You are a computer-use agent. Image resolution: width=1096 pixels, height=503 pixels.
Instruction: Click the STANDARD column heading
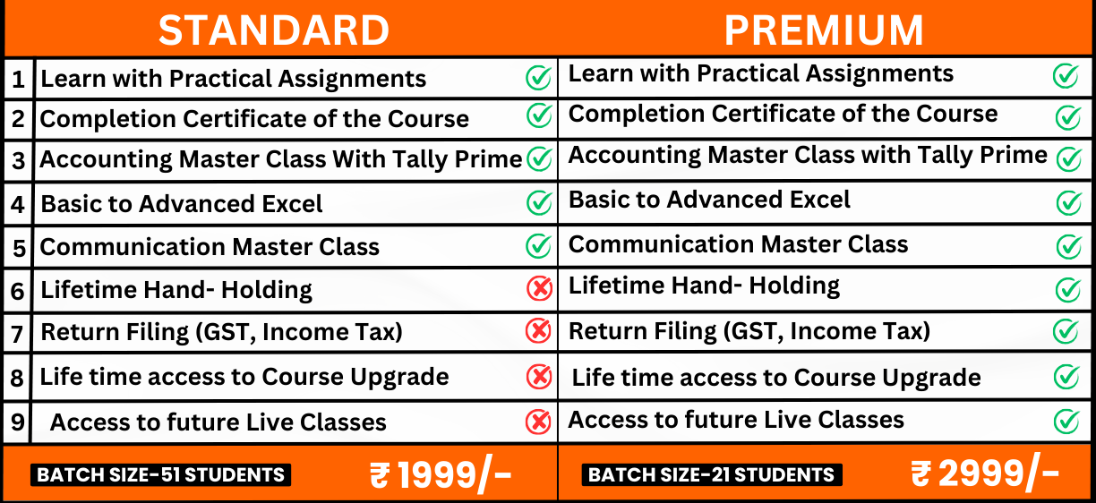click(x=274, y=30)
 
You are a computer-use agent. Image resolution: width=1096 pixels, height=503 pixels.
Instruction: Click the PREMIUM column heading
click(x=824, y=30)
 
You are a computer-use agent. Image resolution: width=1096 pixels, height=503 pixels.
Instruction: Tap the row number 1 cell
click(x=18, y=80)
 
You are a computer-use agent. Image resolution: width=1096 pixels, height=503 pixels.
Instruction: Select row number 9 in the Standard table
click(x=18, y=422)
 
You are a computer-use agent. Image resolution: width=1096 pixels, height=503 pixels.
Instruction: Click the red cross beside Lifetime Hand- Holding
click(x=538, y=288)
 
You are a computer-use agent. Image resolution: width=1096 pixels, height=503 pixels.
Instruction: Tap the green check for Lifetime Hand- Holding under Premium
click(x=1066, y=289)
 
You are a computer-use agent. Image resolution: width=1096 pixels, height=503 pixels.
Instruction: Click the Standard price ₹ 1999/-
click(x=441, y=475)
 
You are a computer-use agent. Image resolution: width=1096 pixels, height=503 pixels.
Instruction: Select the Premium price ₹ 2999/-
click(x=985, y=473)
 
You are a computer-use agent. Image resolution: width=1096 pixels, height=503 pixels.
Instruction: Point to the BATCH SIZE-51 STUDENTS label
click(x=161, y=474)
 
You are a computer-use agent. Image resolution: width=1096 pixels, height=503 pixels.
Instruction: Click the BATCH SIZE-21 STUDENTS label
click(x=712, y=474)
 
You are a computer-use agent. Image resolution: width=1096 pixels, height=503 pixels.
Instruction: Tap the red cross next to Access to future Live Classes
click(x=538, y=421)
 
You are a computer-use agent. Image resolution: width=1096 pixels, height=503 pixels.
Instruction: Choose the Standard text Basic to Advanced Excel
click(x=182, y=204)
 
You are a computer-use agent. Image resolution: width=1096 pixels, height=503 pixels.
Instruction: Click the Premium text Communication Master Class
click(x=738, y=244)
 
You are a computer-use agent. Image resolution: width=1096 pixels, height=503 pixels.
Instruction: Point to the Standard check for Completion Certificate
click(x=538, y=115)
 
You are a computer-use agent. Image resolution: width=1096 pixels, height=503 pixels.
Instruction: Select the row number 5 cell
click(x=18, y=247)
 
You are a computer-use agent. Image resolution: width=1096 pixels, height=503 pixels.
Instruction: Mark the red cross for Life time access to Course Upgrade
click(x=538, y=377)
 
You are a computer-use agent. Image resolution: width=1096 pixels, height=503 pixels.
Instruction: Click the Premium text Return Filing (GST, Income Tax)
click(x=749, y=332)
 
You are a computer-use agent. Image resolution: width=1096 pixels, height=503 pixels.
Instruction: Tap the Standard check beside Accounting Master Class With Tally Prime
click(x=539, y=159)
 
